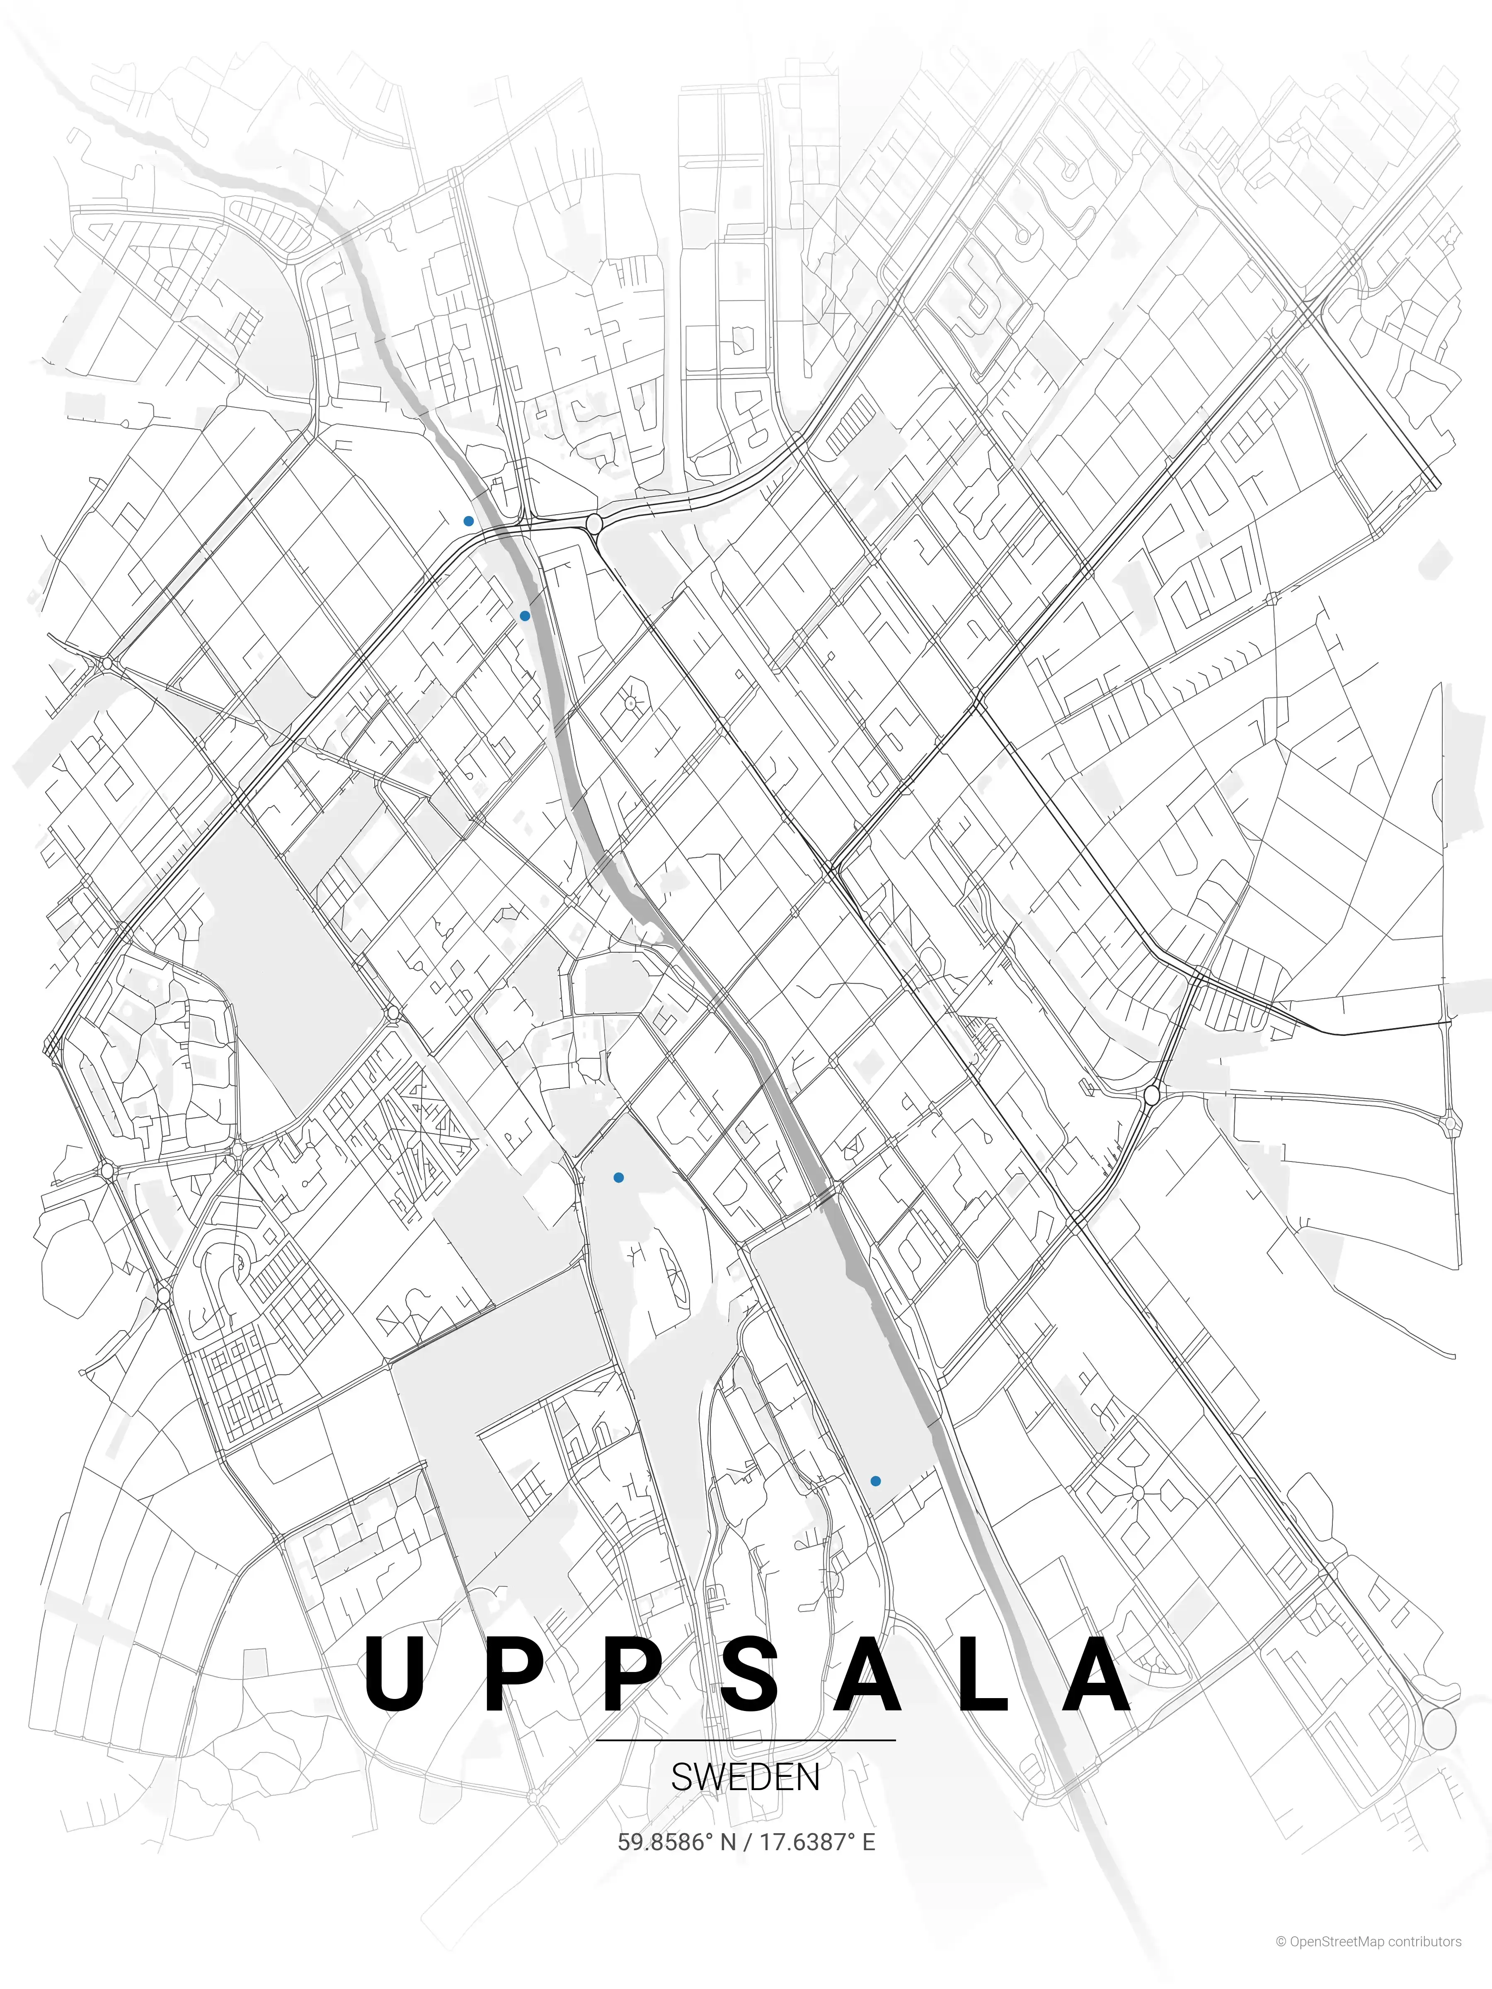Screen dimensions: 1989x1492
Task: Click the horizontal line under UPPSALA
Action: click(x=746, y=1740)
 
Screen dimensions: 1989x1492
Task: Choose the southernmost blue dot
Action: click(x=875, y=1481)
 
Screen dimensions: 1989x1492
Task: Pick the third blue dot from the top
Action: click(x=618, y=1177)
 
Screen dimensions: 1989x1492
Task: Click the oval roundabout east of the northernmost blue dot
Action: click(x=593, y=523)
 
